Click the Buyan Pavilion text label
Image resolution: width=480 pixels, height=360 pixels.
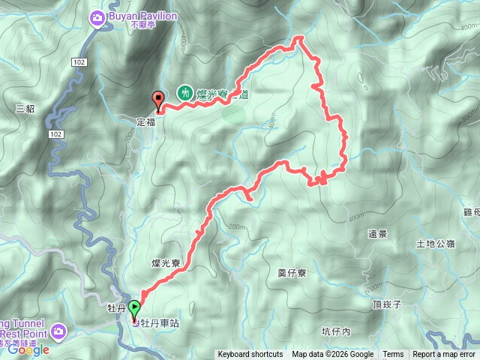[x=144, y=15]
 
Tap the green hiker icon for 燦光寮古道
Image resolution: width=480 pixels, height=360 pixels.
[x=184, y=94]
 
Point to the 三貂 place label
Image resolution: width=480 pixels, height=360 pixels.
[x=25, y=108]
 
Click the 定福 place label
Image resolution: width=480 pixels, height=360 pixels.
[x=145, y=121]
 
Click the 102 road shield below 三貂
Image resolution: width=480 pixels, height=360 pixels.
[x=55, y=133]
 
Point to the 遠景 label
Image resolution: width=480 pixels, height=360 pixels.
[x=377, y=234]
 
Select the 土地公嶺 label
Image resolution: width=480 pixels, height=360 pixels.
[x=435, y=244]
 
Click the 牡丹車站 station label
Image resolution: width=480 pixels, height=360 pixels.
[x=160, y=323]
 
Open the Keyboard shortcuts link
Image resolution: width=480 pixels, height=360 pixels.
[x=250, y=355]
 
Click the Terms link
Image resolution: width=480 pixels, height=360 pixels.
[x=393, y=355]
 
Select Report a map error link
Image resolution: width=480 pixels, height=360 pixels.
[x=444, y=355]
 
